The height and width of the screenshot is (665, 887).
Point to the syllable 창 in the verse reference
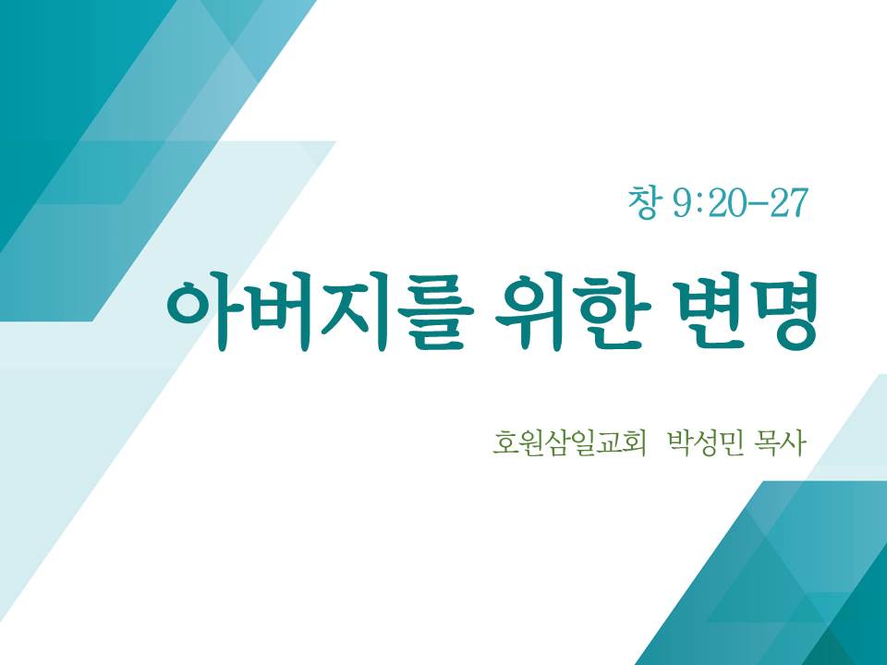[x=643, y=202]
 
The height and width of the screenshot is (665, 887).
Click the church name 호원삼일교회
[x=569, y=443]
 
